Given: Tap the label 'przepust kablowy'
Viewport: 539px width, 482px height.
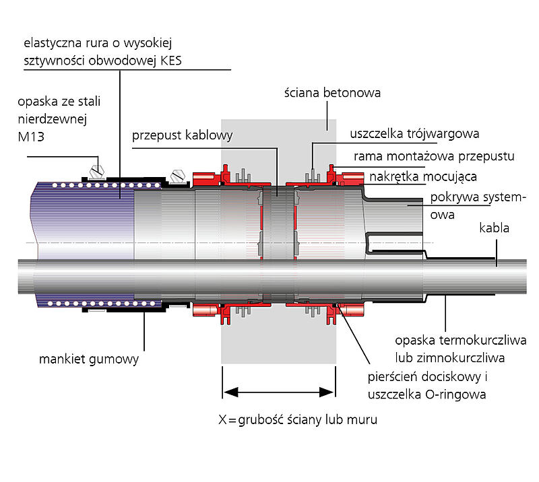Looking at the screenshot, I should (x=182, y=135).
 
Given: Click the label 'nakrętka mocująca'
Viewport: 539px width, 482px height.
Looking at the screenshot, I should (x=423, y=177).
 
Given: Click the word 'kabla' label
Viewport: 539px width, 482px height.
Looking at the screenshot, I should (x=494, y=229).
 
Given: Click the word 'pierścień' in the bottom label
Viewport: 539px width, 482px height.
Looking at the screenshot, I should (x=395, y=376).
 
